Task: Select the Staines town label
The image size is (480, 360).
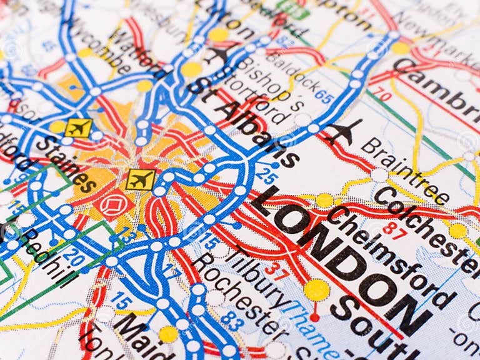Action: pyautogui.click(x=65, y=164)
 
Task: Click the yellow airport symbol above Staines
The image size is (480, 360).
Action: pyautogui.click(x=78, y=127)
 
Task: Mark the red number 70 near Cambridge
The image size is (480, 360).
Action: pyautogui.click(x=384, y=95)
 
